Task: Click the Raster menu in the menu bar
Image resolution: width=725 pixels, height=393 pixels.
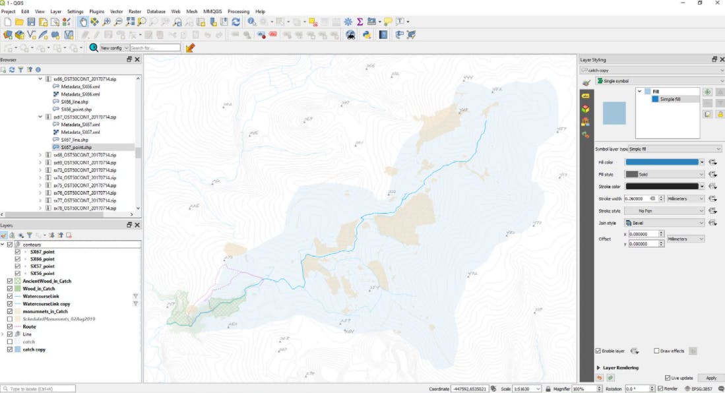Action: point(135,11)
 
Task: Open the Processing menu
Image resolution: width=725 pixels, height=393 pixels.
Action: point(238,11)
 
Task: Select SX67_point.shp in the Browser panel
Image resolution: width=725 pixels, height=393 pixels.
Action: point(76,147)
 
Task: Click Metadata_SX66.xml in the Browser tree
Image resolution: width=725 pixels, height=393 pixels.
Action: point(80,94)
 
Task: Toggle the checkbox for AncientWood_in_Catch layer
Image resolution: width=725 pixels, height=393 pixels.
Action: point(9,281)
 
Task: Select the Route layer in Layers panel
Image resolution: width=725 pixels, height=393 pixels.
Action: point(29,326)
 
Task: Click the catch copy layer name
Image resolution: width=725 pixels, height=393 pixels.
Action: point(34,349)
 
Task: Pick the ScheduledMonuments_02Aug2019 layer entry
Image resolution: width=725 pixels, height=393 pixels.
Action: point(59,319)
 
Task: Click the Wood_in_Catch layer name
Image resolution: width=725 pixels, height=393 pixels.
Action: point(39,289)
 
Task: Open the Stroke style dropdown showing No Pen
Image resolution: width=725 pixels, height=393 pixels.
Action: point(664,211)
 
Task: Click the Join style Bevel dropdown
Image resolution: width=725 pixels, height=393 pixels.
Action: point(664,223)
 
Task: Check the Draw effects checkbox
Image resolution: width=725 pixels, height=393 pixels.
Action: point(657,351)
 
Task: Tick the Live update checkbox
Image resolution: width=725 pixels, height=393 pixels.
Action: point(668,378)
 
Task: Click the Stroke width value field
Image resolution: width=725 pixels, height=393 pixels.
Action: point(639,198)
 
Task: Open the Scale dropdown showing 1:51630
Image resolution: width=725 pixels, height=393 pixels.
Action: point(524,389)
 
